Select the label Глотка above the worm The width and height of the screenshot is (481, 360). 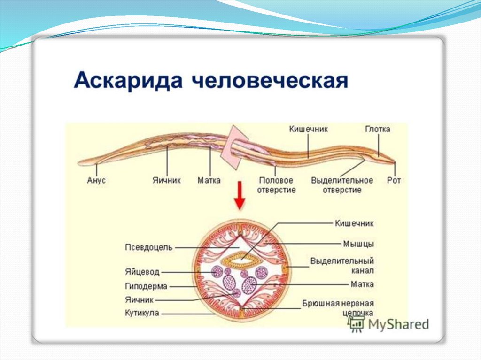pos(378,129)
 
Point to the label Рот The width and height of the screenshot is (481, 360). pos(394,180)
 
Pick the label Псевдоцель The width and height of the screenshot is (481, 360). pos(149,247)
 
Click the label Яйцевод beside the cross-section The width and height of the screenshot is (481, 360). pos(142,272)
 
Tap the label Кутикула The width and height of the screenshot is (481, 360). pos(142,313)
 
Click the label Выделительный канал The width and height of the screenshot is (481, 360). pos(342,266)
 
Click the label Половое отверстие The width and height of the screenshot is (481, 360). pos(276,185)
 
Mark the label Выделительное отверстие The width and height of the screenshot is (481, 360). pos(342,185)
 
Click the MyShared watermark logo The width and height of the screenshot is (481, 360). pos(389,323)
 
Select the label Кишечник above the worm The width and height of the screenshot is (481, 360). pos(308,129)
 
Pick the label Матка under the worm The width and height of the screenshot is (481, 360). pos(209,180)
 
